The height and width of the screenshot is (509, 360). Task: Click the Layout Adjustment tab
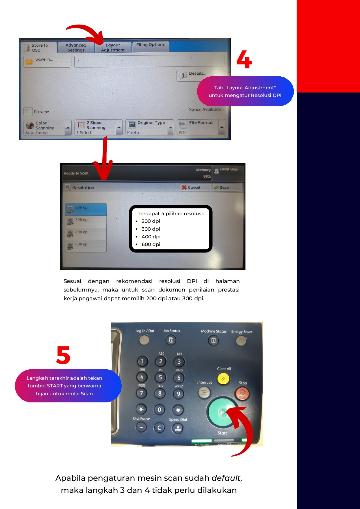[x=113, y=48]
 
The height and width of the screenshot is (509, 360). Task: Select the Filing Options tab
[x=150, y=45]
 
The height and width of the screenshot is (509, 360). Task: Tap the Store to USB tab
[x=38, y=48]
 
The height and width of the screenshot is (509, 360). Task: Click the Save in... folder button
[x=47, y=61]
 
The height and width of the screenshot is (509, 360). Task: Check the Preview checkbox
[x=28, y=112]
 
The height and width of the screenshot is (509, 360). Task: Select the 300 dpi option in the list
[x=86, y=222]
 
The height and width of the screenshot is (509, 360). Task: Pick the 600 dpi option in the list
[x=86, y=246]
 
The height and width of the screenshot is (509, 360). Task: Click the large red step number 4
[x=244, y=59]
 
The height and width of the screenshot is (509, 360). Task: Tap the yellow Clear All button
[x=223, y=379]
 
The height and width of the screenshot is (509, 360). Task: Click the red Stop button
[x=242, y=393]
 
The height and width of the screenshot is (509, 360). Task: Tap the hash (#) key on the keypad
[x=178, y=410]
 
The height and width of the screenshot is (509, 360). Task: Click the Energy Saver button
[x=241, y=341]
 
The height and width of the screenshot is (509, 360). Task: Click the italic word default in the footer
[x=226, y=478]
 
